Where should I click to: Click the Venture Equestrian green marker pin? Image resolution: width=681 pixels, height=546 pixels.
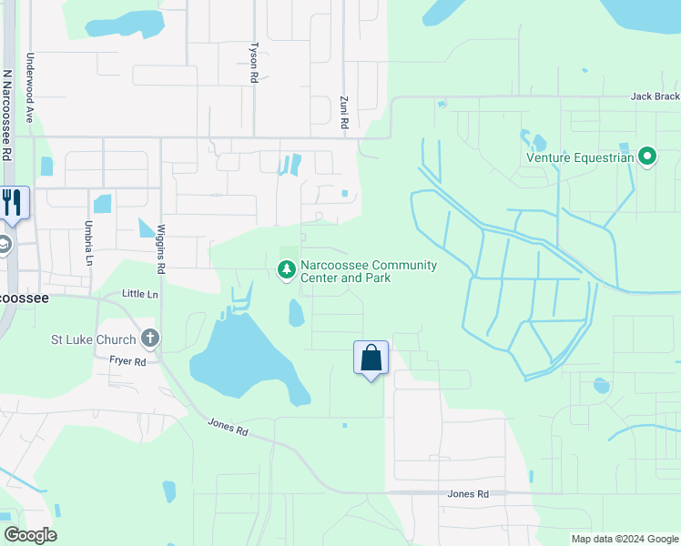(648, 157)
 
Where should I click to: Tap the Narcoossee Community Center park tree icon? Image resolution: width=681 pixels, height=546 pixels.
(287, 269)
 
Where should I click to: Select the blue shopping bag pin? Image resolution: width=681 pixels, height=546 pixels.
(371, 358)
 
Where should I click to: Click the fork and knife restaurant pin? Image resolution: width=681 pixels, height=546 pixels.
(13, 202)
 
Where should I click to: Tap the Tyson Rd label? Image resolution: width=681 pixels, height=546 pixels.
(255, 63)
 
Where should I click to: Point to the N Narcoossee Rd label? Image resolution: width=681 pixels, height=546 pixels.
(7, 115)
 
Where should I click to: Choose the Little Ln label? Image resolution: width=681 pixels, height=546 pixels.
(139, 294)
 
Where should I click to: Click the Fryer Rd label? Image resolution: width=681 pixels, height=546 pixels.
(128, 361)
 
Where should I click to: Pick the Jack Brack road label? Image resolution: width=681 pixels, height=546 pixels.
(655, 96)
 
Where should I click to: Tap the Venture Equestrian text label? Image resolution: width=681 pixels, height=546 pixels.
(580, 157)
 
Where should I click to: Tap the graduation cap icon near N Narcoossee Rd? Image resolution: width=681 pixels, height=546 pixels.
(4, 244)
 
